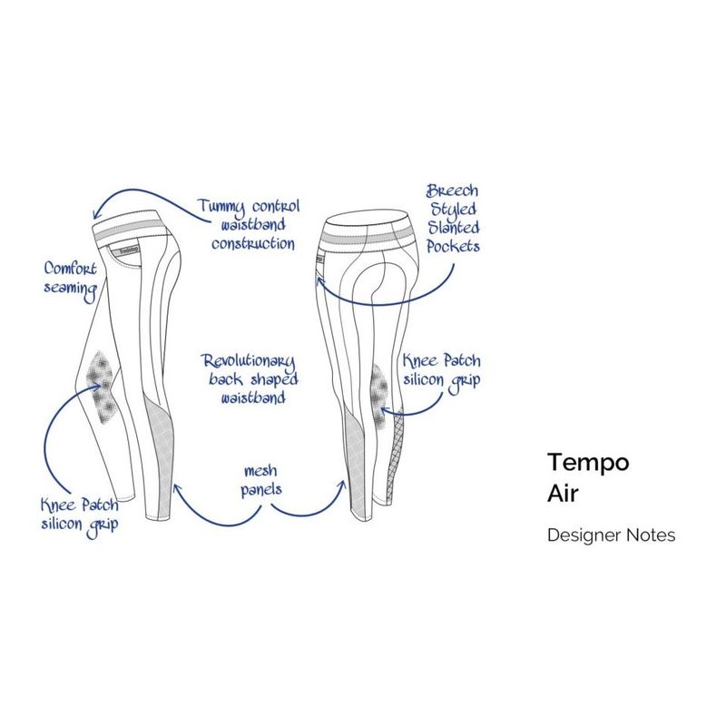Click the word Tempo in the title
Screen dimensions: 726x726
(588, 462)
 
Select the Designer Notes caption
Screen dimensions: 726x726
(611, 535)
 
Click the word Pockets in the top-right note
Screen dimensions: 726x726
(451, 245)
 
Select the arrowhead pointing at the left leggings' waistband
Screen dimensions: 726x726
(99, 215)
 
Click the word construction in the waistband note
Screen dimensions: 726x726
(252, 243)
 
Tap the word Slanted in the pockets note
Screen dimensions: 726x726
(455, 227)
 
